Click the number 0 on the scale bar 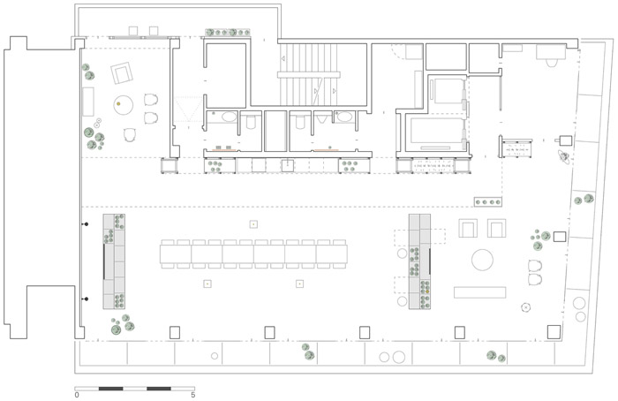[77, 395]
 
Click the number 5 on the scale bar [193, 395]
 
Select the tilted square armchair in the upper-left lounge [122, 72]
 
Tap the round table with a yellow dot [123, 104]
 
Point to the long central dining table [254, 254]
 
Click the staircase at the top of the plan [308, 75]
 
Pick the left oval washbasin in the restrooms [229, 117]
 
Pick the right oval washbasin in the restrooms [344, 117]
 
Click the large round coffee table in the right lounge [482, 260]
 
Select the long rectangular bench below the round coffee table [479, 292]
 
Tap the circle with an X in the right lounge [526, 306]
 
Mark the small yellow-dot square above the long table [253, 224]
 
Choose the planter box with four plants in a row [488, 202]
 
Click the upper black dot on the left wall [87, 224]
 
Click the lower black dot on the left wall [87, 299]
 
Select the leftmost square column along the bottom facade [175, 332]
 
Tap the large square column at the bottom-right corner [554, 332]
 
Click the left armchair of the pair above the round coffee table [468, 228]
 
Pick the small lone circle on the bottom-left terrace [215, 356]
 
